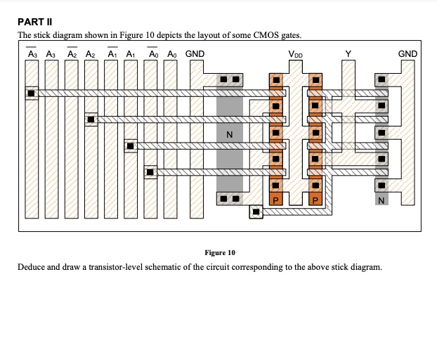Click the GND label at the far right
407,54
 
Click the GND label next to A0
195,54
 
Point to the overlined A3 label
32,54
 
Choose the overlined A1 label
111,54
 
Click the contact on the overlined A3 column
32,93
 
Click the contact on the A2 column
91,119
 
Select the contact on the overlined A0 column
150,171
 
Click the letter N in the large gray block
229,134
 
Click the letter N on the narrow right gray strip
380,201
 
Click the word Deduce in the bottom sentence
33,268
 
